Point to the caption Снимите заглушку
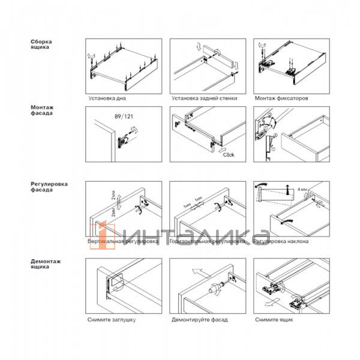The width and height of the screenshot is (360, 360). tap(111, 320)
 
